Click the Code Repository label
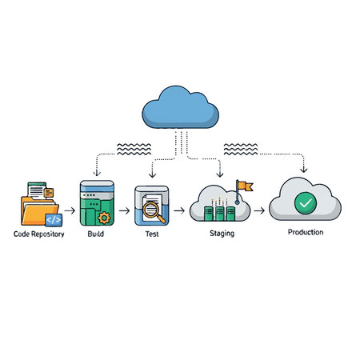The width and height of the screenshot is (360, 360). [39, 235]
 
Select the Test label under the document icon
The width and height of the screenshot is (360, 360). [152, 235]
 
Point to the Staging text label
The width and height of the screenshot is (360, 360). [222, 234]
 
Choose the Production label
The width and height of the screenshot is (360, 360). [306, 232]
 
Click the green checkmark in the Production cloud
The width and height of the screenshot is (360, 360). [305, 203]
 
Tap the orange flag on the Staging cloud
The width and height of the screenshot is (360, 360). [246, 186]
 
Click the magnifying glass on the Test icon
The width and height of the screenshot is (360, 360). [155, 214]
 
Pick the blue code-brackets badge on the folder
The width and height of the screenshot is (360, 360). [52, 218]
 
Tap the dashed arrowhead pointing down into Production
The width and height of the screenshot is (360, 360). [305, 170]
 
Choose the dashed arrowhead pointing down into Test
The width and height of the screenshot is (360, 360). [152, 175]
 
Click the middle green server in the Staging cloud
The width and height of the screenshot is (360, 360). [220, 213]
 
